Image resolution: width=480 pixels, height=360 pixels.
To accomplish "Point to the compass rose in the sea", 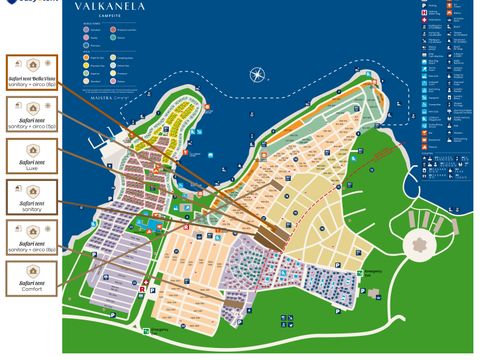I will [256, 74].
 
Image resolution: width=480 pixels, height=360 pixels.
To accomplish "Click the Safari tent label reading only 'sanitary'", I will [31, 200].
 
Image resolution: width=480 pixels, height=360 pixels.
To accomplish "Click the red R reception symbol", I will [147, 290].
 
